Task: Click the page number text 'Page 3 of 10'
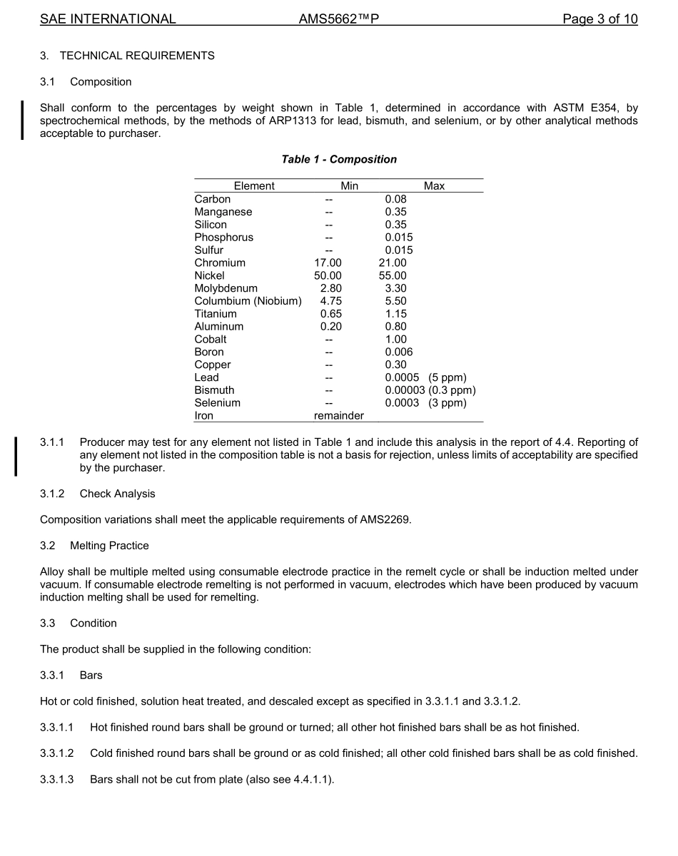click(x=599, y=19)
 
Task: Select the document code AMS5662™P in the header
click(x=338, y=19)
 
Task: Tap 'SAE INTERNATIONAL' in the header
click(x=108, y=19)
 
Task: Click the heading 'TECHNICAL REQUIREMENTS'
click(x=137, y=56)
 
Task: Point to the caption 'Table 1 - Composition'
click(x=339, y=159)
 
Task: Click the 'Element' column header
click(x=254, y=186)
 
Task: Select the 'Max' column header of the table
click(x=434, y=186)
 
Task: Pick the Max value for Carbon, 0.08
click(x=395, y=199)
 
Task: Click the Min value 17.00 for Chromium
click(x=328, y=263)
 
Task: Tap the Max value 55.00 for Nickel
click(x=393, y=276)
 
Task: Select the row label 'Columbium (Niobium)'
click(x=248, y=301)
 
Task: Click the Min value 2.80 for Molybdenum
click(x=330, y=289)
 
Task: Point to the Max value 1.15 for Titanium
click(x=395, y=314)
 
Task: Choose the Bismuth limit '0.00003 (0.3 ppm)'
click(x=430, y=390)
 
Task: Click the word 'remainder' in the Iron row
click(x=338, y=416)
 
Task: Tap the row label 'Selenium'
click(x=217, y=403)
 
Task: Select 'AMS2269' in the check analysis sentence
click(x=389, y=519)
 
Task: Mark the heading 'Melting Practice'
click(x=109, y=546)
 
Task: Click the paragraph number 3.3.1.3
click(x=57, y=780)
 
